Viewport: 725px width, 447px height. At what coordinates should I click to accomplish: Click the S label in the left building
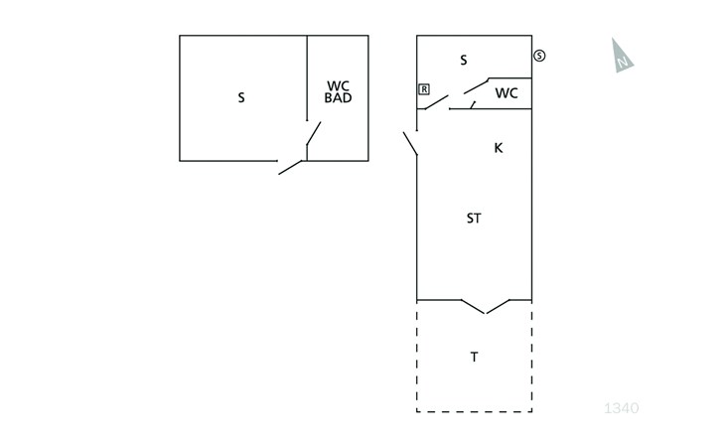click(241, 97)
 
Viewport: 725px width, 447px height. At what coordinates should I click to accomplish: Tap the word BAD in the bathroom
click(338, 97)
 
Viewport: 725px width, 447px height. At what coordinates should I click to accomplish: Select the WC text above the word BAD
click(338, 86)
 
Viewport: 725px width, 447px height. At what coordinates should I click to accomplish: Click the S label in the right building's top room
click(464, 60)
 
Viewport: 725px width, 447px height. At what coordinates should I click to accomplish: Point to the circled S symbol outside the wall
click(539, 56)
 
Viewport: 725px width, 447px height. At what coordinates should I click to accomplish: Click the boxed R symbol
click(424, 89)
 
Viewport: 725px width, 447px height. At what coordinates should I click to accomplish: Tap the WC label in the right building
click(507, 93)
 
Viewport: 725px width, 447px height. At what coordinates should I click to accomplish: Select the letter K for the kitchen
click(499, 148)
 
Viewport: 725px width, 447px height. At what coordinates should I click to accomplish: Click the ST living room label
click(474, 219)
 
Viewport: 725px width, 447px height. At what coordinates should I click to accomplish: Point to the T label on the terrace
click(474, 357)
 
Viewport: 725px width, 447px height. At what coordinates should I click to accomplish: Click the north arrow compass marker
click(622, 56)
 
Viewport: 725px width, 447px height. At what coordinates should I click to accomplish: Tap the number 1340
click(622, 408)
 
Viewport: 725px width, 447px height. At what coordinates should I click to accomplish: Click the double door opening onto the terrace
click(485, 307)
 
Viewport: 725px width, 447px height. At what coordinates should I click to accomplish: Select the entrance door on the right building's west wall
click(410, 143)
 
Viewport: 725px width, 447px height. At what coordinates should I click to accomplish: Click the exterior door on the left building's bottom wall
click(290, 167)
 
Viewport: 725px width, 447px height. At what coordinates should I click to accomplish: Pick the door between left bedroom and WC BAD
click(314, 133)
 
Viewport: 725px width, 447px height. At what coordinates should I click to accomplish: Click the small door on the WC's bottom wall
click(473, 105)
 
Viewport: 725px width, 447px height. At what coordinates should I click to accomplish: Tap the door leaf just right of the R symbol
click(436, 102)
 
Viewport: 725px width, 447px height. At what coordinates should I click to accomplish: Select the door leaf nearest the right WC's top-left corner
click(477, 86)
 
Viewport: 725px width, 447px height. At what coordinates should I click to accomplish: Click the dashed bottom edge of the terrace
click(474, 411)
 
